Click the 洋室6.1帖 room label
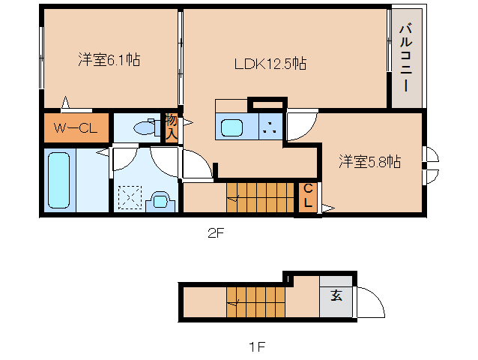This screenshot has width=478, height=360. [109, 59]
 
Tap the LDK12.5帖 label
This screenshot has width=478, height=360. [270, 64]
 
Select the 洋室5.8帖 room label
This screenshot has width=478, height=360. [370, 161]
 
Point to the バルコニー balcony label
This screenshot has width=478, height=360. [406, 58]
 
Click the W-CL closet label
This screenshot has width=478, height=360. [76, 127]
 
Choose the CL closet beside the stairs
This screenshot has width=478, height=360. [308, 196]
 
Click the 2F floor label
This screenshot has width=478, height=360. [216, 233]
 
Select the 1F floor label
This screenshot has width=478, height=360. [257, 346]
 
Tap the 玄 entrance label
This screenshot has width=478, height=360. [336, 295]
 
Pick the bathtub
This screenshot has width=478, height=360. [59, 180]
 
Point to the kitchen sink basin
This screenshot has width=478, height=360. [232, 127]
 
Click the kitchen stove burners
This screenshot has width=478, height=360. [270, 127]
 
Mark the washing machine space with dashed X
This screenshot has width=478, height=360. [130, 198]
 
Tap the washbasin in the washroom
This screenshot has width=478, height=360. [160, 201]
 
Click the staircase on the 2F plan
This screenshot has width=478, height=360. [260, 197]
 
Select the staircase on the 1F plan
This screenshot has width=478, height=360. [255, 302]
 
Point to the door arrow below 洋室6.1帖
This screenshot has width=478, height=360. [65, 102]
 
